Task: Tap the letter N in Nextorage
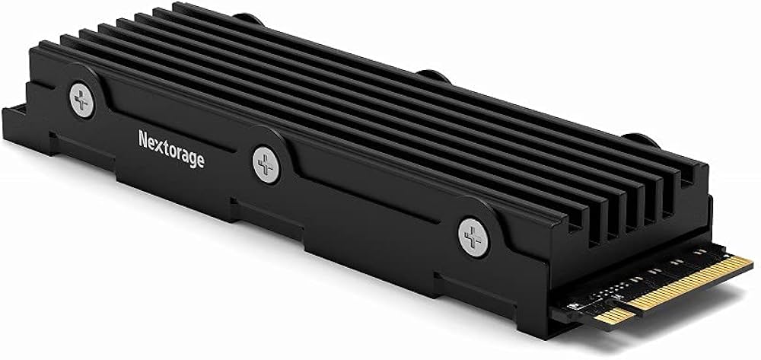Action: coord(143,139)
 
